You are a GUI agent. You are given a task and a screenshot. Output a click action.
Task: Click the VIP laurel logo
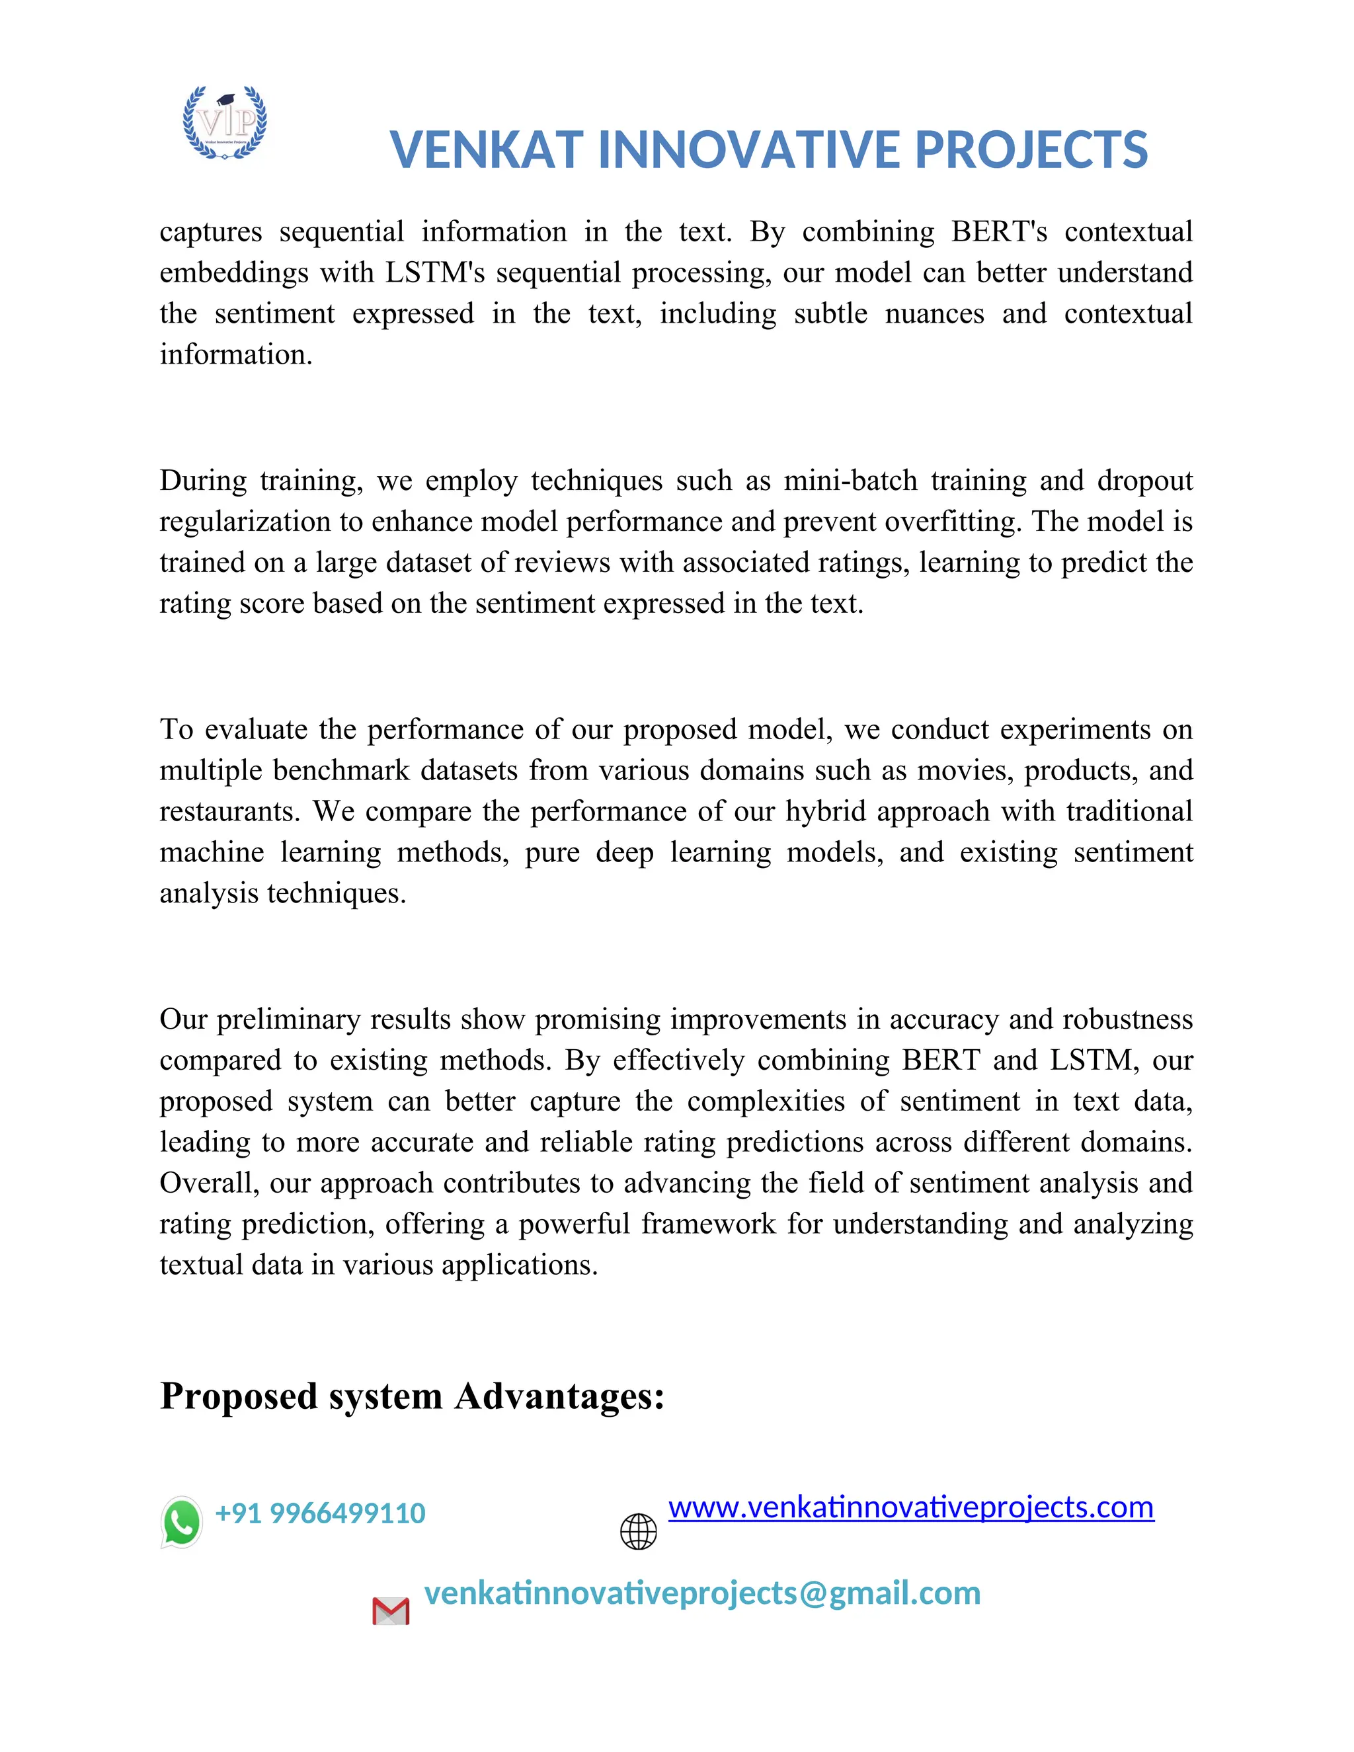coord(225,122)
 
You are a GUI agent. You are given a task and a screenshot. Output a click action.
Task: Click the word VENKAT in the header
coord(486,150)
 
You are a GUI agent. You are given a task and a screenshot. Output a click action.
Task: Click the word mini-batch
coord(850,481)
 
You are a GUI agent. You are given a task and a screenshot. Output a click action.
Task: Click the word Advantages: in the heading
coord(559,1396)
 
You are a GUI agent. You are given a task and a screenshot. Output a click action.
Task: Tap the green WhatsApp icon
coord(181,1522)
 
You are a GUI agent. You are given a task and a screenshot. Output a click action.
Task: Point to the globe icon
coord(639,1531)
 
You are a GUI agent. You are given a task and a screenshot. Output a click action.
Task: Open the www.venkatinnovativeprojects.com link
coord(910,1507)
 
